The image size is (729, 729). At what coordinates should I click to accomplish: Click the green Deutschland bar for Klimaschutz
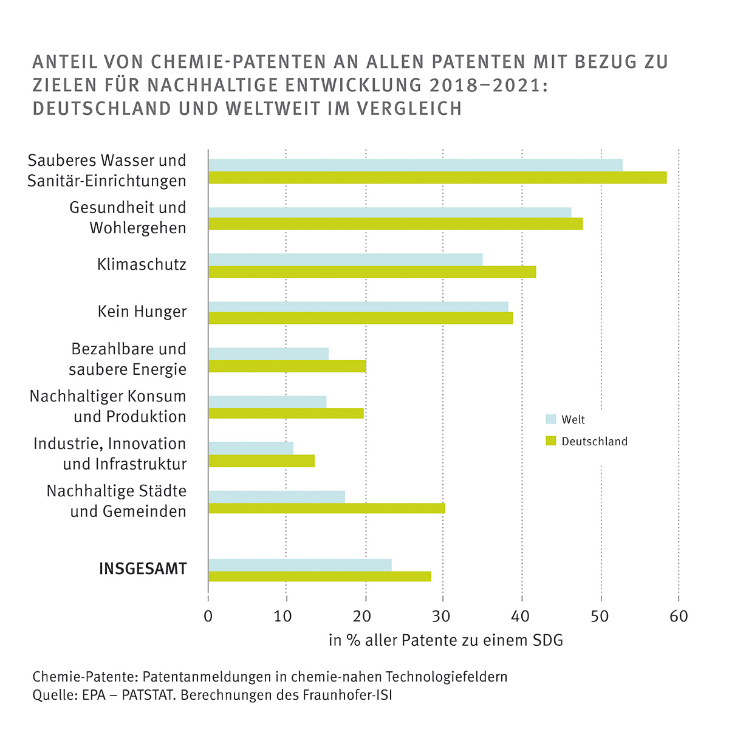(x=372, y=272)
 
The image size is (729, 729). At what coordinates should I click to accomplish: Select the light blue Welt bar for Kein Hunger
(x=358, y=306)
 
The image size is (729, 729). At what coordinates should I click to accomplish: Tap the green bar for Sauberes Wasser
(x=437, y=177)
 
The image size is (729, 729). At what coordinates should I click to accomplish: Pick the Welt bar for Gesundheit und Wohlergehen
(x=389, y=212)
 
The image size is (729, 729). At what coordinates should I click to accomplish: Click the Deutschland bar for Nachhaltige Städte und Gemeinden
(x=326, y=508)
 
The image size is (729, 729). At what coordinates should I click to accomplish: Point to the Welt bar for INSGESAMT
(x=299, y=564)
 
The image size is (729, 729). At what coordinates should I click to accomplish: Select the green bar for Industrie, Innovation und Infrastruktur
(x=261, y=461)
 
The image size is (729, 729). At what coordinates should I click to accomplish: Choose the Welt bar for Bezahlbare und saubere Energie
(x=268, y=354)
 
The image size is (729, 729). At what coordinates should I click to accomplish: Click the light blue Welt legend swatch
(x=551, y=419)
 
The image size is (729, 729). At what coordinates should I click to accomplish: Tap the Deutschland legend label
(x=594, y=442)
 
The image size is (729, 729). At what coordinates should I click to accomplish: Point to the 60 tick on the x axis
(x=679, y=616)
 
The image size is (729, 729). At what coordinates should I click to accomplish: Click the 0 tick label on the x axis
(x=208, y=616)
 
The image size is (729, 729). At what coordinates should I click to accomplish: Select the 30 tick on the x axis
(x=443, y=616)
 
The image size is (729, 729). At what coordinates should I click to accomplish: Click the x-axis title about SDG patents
(x=445, y=640)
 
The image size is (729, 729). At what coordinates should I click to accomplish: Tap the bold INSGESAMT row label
(x=143, y=569)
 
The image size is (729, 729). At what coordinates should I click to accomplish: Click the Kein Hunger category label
(x=142, y=312)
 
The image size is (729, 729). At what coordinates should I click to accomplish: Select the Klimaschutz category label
(x=142, y=265)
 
